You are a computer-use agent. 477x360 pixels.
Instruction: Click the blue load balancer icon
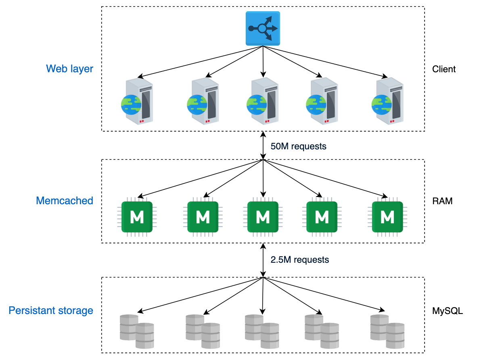tap(263, 28)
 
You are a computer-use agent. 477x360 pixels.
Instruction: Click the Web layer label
tap(69, 69)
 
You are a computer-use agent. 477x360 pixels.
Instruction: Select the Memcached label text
tap(65, 201)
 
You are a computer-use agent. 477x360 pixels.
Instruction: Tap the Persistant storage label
tap(51, 310)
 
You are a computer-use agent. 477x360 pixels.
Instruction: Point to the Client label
tap(444, 69)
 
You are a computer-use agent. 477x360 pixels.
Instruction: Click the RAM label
tap(442, 201)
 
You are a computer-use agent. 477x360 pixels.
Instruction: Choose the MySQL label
tap(448, 311)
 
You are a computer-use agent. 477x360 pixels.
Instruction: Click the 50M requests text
tap(299, 147)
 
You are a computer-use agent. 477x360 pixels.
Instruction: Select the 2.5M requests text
tap(300, 260)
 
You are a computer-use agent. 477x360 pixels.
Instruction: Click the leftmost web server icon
tap(137, 101)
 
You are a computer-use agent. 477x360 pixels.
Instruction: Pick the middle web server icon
tap(263, 101)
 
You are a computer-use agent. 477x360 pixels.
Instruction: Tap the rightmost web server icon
tap(387, 101)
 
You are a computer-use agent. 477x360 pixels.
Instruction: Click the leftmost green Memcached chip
tap(137, 217)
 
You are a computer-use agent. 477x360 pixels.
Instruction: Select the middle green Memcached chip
tap(263, 217)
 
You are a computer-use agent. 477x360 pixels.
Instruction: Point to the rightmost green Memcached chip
tap(387, 217)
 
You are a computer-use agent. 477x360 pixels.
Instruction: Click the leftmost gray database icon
tap(137, 331)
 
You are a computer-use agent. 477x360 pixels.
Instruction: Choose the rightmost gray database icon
tap(387, 331)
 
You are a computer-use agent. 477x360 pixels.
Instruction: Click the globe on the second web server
tap(197, 105)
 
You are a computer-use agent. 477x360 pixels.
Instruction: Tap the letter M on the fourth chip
tap(322, 217)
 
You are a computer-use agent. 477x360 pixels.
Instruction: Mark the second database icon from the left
tap(203, 331)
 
